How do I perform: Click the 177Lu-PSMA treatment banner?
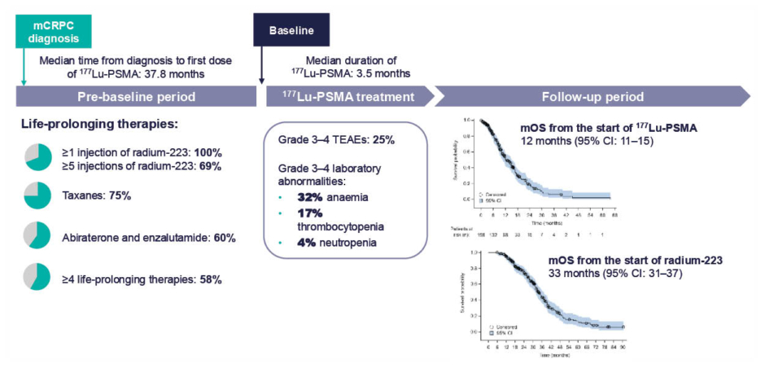pos(348,97)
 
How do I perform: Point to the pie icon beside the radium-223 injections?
pos(37,158)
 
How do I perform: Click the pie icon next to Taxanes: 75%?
pos(37,196)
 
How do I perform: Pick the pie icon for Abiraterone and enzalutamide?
pos(37,236)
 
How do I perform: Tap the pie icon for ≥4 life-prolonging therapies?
pos(37,278)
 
